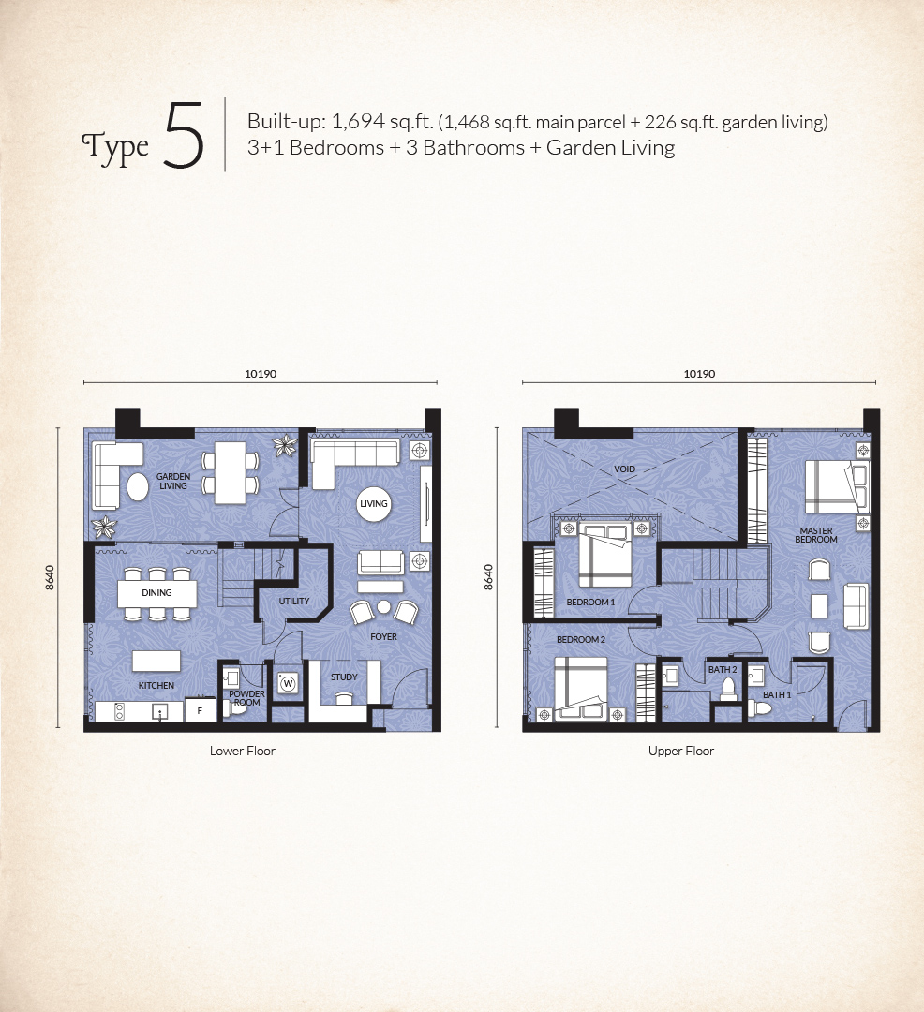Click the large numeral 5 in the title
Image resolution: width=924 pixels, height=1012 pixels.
(184, 136)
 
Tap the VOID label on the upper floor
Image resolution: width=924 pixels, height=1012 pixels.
(625, 469)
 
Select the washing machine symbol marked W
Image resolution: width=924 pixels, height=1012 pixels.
(288, 683)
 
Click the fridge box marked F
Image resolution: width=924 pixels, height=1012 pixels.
(200, 710)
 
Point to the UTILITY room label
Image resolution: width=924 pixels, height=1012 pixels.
(294, 601)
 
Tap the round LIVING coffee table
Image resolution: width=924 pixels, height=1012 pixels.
(374, 503)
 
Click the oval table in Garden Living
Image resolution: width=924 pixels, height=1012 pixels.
(138, 486)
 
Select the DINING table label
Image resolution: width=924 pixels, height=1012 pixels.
(156, 592)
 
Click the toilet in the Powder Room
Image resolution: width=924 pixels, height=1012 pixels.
(236, 708)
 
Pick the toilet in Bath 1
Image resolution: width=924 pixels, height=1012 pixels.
(760, 708)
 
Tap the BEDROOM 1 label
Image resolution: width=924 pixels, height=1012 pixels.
(590, 603)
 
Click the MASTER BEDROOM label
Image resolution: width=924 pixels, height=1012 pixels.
(816, 535)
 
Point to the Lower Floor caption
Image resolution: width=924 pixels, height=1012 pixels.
(243, 751)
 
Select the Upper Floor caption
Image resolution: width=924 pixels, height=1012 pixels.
(681, 751)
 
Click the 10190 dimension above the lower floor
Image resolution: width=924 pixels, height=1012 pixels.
(261, 374)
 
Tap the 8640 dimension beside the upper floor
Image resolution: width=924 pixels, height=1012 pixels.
(488, 577)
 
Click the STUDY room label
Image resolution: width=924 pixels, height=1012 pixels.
(344, 677)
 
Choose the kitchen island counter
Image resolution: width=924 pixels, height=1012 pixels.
(156, 661)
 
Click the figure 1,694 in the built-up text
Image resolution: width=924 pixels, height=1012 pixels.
(358, 121)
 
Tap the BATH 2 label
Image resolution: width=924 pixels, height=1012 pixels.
(723, 669)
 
